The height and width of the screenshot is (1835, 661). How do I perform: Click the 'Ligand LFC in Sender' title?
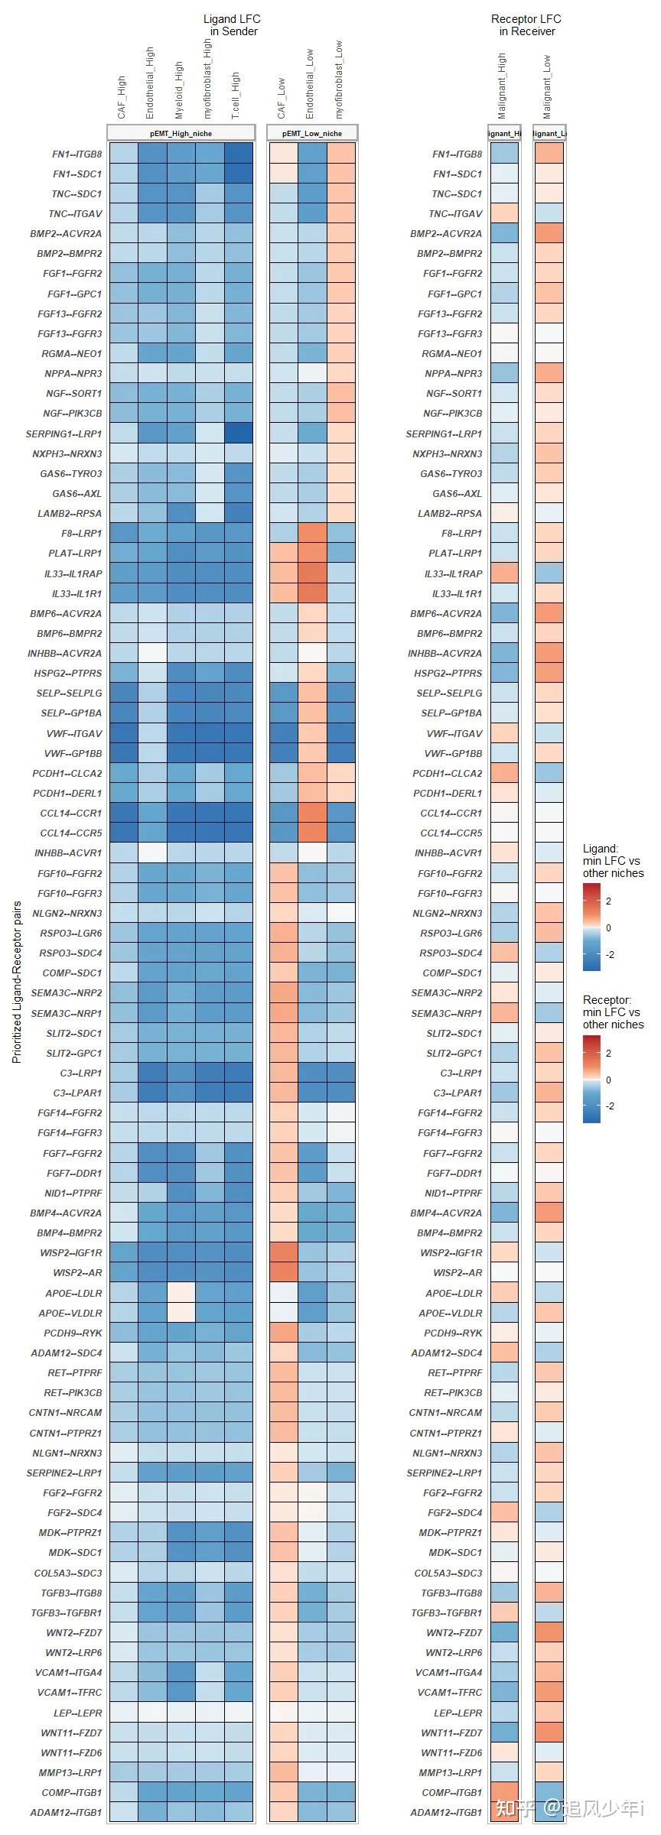[x=232, y=25]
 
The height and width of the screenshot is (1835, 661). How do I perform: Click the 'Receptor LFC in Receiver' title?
[x=526, y=25]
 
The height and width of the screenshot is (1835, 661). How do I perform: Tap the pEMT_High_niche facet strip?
[x=181, y=133]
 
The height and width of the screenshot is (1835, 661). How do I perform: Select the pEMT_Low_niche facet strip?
[x=312, y=133]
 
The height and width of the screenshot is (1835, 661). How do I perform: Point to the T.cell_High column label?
[x=236, y=96]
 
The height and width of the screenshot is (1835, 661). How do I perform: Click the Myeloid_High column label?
[x=179, y=90]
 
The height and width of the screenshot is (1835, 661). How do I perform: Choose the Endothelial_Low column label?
[x=310, y=84]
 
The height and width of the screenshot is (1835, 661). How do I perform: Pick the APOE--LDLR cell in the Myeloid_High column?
[x=181, y=1293]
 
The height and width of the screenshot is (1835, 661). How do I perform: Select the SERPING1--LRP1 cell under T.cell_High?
[x=238, y=434]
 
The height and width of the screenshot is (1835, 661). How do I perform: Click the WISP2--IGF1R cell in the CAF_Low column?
[x=282, y=1252]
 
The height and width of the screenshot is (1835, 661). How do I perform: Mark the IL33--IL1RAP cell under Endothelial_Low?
[x=312, y=573]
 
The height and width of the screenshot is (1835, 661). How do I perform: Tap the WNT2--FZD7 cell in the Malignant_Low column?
[x=549, y=1632]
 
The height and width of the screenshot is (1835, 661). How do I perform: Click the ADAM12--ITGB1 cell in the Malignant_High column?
[x=503, y=1812]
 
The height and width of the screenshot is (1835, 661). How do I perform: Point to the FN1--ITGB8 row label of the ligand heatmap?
[x=77, y=154]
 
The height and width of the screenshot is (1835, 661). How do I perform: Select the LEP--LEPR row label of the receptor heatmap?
[x=458, y=1713]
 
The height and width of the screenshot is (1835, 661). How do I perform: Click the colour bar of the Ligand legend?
[x=591, y=927]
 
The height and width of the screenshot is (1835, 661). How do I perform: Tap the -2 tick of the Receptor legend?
[x=610, y=1106]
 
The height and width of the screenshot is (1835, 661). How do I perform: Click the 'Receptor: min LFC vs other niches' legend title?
[x=613, y=1012]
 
